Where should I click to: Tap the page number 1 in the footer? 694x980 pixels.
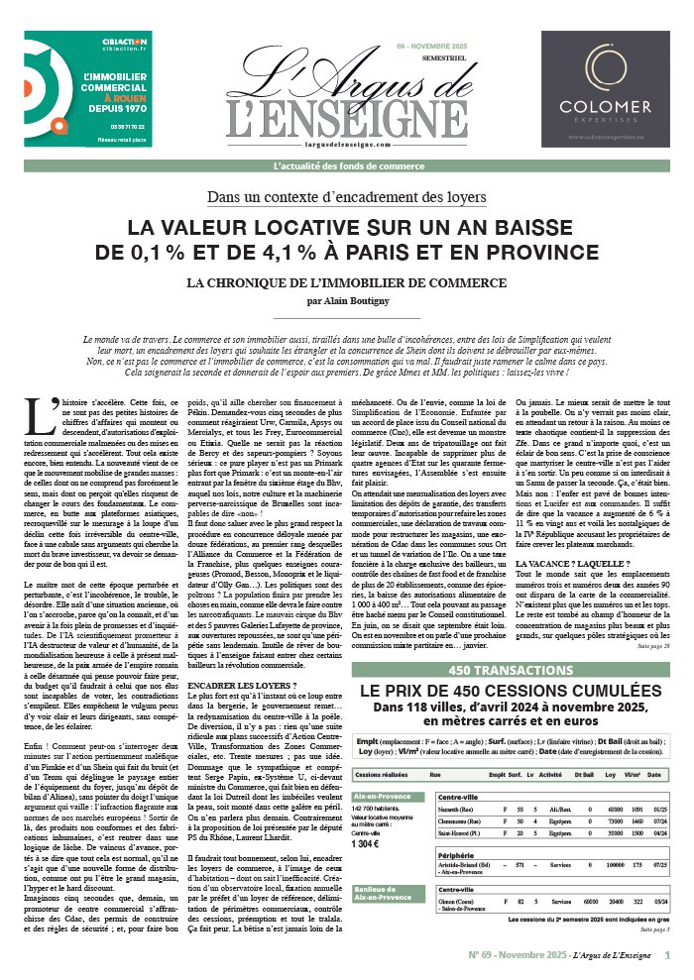[x=666, y=956]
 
